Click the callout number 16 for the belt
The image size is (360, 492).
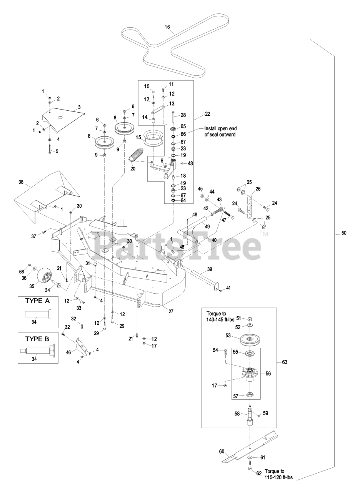[167, 27]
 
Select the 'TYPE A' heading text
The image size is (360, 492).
[37, 301]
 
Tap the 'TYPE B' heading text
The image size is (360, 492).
[37, 339]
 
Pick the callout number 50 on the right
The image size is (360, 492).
[344, 233]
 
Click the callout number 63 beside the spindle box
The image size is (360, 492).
[285, 362]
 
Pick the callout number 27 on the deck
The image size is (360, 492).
[171, 311]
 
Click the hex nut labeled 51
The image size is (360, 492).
[250, 319]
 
